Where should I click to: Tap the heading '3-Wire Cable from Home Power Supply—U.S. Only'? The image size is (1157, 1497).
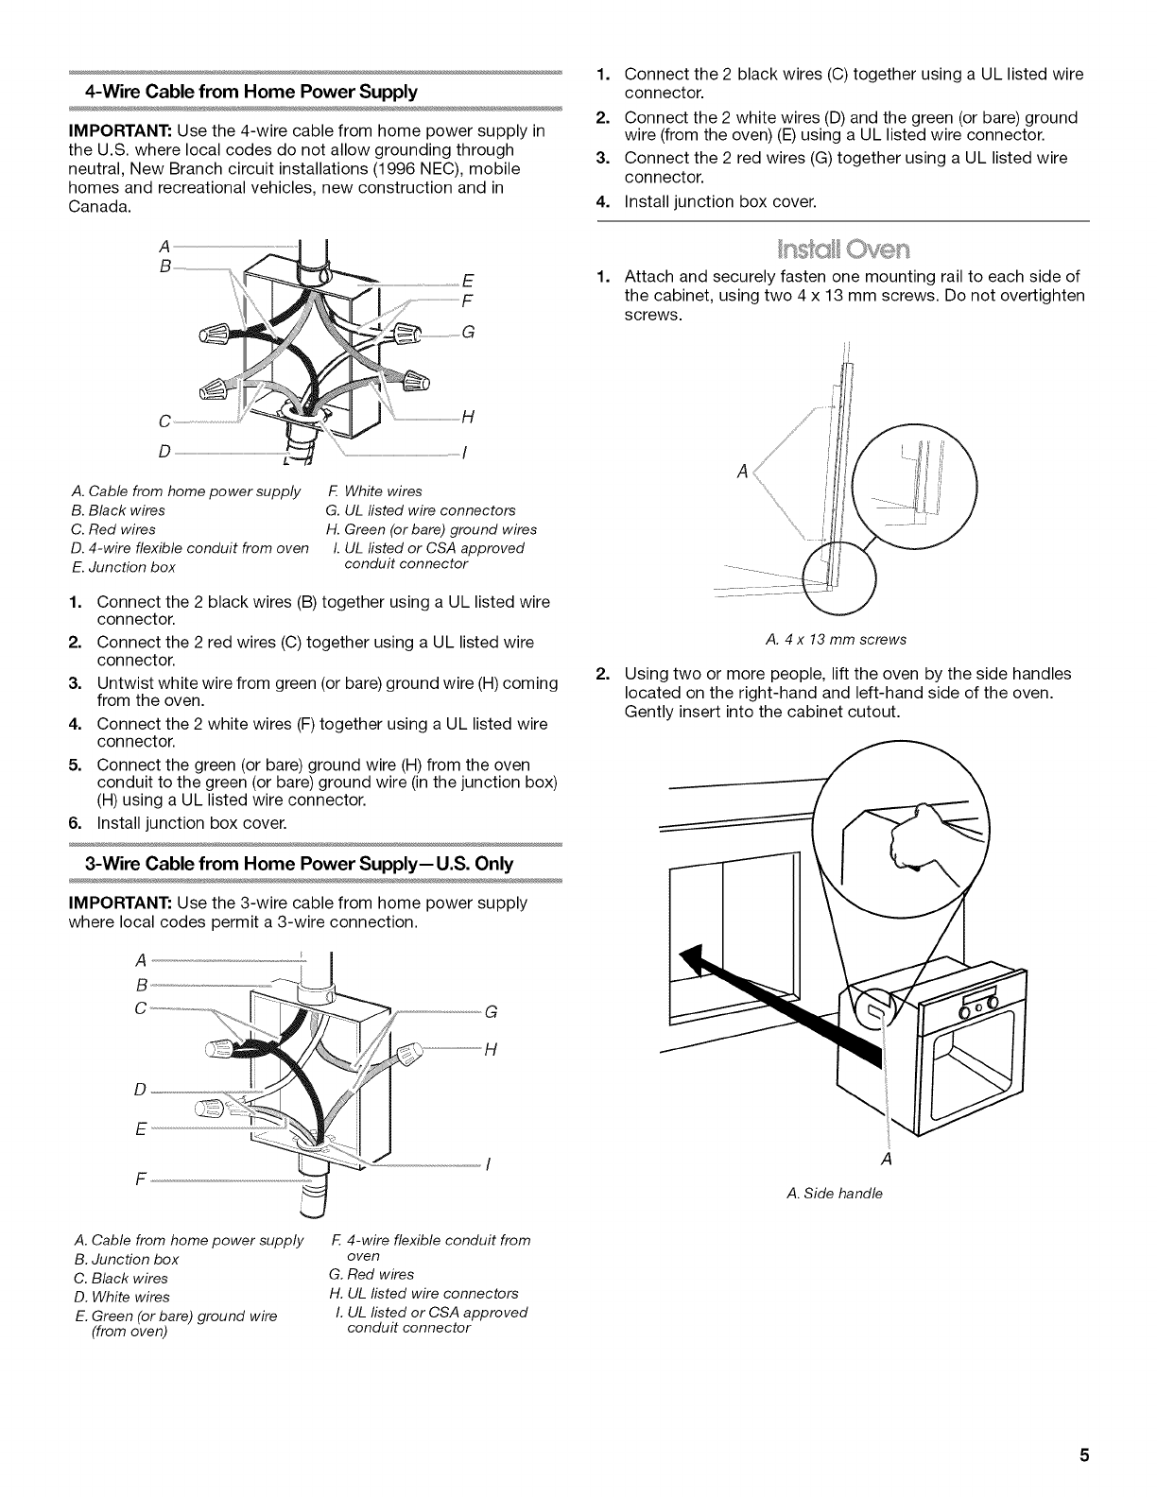point(299,863)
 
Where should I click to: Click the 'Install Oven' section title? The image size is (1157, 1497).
point(841,249)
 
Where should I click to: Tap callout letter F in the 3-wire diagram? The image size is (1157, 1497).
point(141,1180)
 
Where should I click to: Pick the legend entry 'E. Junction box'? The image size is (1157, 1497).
point(123,567)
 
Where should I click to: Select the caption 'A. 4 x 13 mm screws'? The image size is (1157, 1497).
point(836,639)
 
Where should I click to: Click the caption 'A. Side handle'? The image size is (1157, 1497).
point(835,1194)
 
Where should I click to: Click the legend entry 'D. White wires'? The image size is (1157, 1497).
point(122,1297)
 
